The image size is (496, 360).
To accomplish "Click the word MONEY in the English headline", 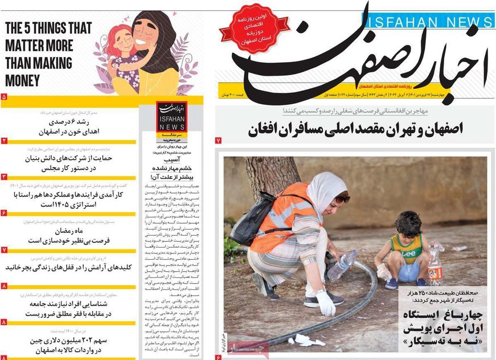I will click(23, 79).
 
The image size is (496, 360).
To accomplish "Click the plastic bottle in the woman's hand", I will click(342, 265).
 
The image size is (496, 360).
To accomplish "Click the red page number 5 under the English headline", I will click(4, 97).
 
